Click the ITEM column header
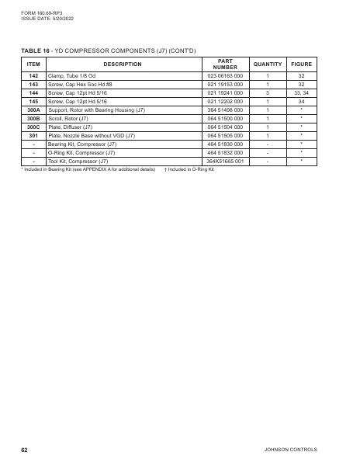click(x=33, y=64)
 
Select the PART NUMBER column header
click(x=225, y=64)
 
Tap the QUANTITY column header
click(x=267, y=64)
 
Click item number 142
click(x=33, y=76)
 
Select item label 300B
click(x=33, y=118)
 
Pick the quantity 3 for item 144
click(x=267, y=93)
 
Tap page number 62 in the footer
click(x=25, y=450)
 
